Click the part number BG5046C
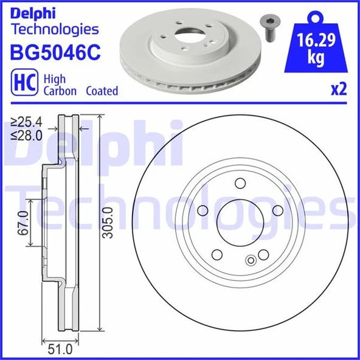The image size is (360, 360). pyautogui.click(x=54, y=53)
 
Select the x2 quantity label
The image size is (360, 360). pyautogui.click(x=338, y=90)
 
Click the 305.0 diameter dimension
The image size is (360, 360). pyautogui.click(x=108, y=223)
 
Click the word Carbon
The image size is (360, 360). pyautogui.click(x=58, y=91)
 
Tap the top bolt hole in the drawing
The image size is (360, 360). pyautogui.click(x=240, y=184)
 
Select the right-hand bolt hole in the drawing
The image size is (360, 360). pyautogui.click(x=278, y=210)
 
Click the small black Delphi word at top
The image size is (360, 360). pyautogui.click(x=32, y=12)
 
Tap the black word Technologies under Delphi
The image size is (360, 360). pyautogui.click(x=55, y=29)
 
